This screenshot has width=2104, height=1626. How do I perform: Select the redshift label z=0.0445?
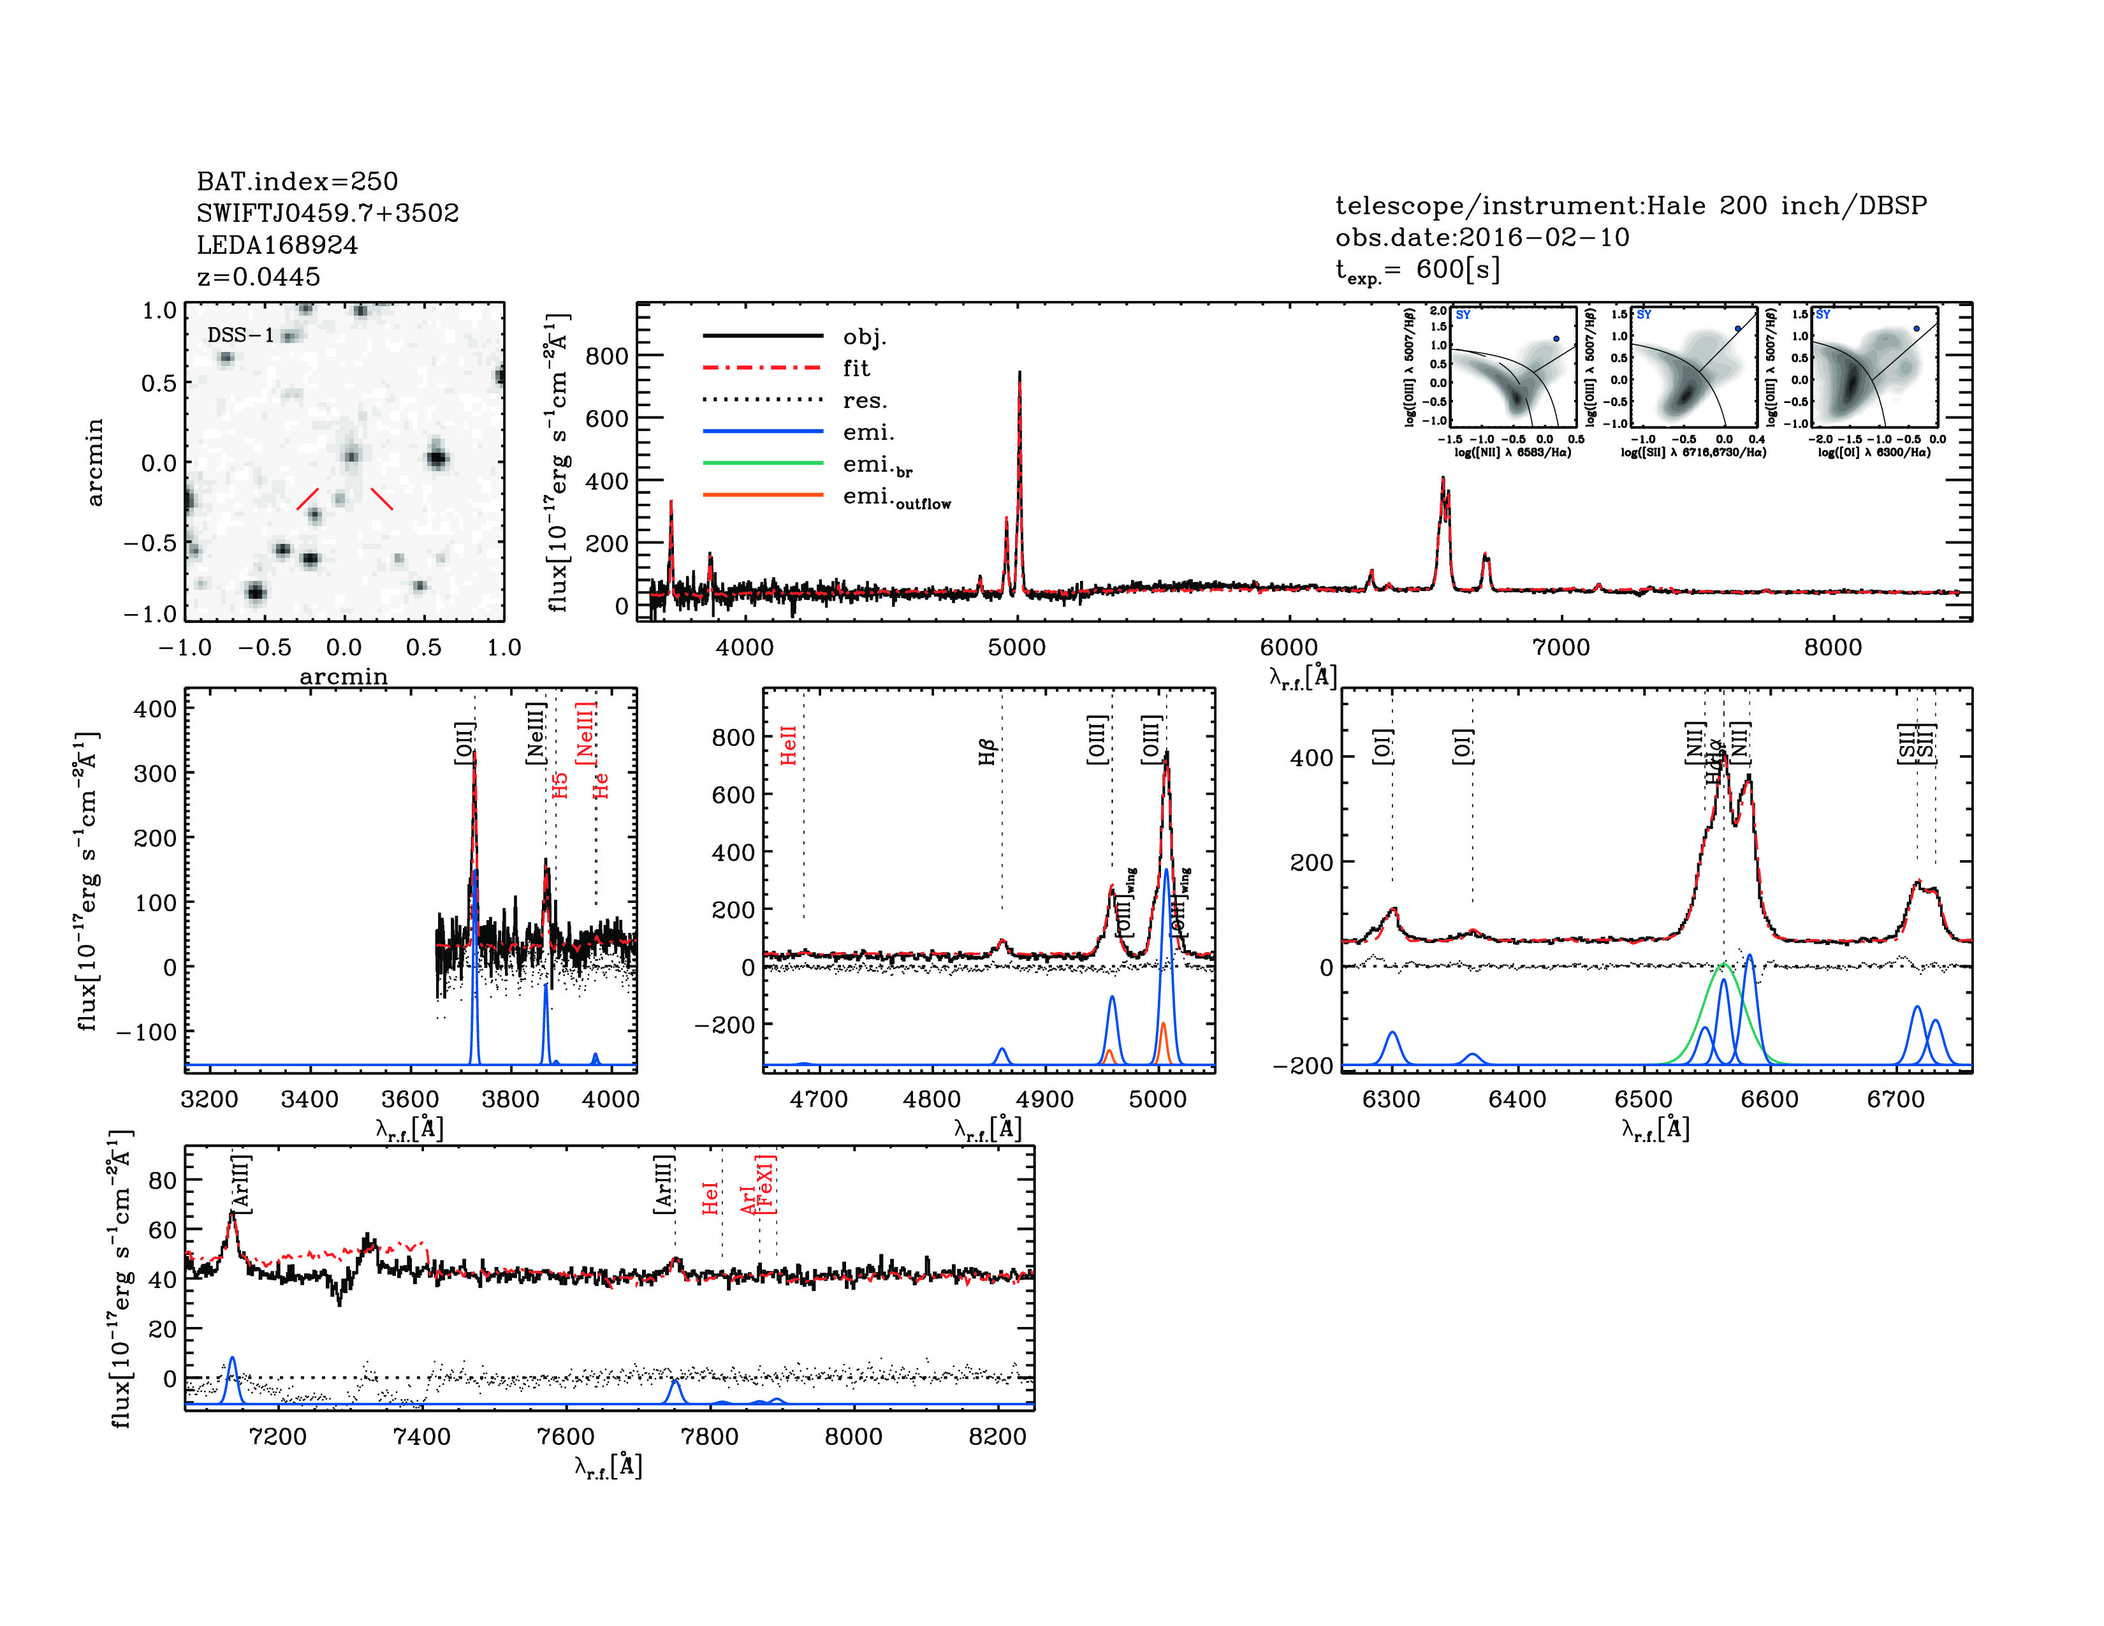[x=258, y=277]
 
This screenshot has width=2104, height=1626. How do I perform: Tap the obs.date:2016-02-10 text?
[x=1482, y=238]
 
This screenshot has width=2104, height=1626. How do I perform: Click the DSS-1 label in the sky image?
[x=241, y=335]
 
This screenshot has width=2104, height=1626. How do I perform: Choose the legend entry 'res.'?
[x=864, y=400]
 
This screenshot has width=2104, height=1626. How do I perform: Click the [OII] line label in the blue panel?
[x=464, y=743]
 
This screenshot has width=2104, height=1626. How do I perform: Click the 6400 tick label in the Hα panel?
[x=1517, y=1100]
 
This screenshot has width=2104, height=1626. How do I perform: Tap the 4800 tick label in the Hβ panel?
[x=931, y=1100]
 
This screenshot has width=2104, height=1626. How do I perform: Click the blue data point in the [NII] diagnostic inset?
[x=1556, y=339]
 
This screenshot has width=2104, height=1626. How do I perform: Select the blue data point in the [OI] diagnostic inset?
[x=1916, y=328]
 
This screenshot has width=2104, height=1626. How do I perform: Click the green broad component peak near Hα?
[x=1723, y=964]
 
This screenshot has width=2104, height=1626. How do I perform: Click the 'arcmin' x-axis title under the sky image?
[x=344, y=677]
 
